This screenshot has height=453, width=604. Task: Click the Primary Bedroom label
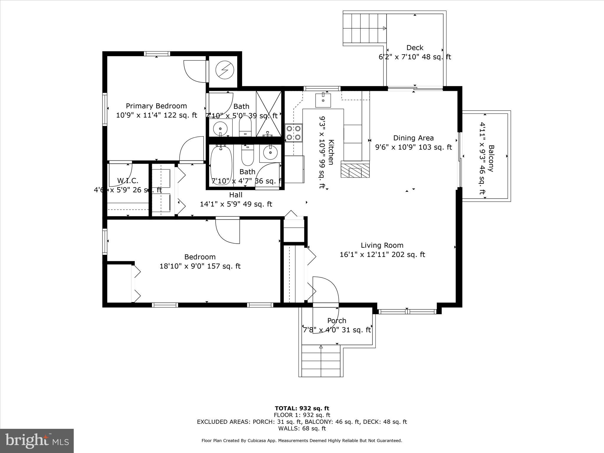[x=156, y=106]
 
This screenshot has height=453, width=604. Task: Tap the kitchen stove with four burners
[x=293, y=133]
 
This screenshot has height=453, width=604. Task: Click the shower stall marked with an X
[x=268, y=114]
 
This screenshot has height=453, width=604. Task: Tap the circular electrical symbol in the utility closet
[x=224, y=70]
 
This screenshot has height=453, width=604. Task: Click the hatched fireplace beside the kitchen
[x=355, y=169]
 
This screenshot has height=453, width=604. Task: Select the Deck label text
[x=415, y=48]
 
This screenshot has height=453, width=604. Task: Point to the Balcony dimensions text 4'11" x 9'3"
[x=482, y=158]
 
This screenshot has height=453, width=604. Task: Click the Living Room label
[x=382, y=245]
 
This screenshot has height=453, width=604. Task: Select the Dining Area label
[x=413, y=138]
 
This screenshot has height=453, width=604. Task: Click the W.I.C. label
[x=128, y=180]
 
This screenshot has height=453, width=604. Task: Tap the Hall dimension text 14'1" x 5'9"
[x=236, y=204]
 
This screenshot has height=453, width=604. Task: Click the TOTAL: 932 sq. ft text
[x=302, y=408]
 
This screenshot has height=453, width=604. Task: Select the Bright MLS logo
[x=37, y=441]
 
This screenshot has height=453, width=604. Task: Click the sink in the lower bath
[x=270, y=153]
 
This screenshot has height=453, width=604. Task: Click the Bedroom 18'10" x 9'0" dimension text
[x=200, y=266]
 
